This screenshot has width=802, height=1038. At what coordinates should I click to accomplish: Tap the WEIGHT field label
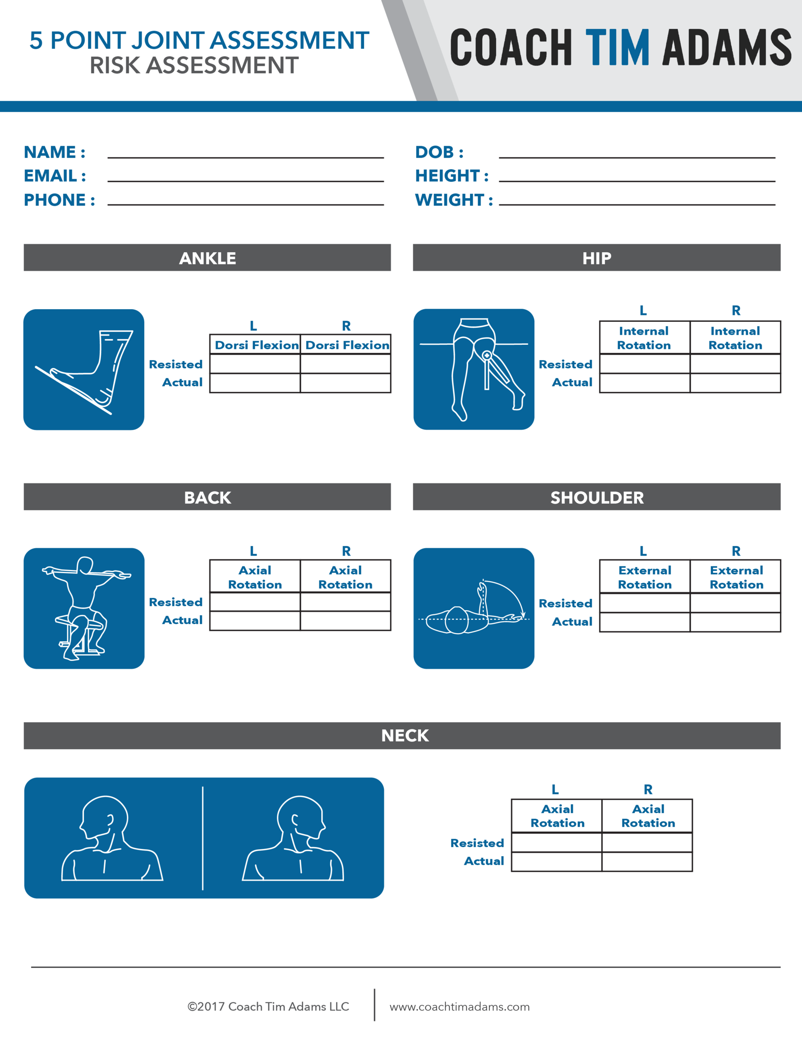pyautogui.click(x=453, y=200)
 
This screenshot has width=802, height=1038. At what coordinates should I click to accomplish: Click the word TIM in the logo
pyautogui.click(x=617, y=47)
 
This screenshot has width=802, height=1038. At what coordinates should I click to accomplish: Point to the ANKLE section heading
pyautogui.click(x=207, y=258)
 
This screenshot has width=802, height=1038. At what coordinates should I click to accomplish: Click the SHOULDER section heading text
pyautogui.click(x=597, y=498)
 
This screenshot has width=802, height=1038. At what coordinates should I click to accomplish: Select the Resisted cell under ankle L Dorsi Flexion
pyautogui.click(x=255, y=364)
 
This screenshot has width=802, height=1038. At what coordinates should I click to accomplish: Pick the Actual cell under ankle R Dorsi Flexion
pyautogui.click(x=346, y=383)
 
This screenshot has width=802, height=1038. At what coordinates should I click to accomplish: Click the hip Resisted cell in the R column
pyautogui.click(x=735, y=364)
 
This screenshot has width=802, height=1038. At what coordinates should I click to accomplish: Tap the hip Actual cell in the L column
pyautogui.click(x=644, y=383)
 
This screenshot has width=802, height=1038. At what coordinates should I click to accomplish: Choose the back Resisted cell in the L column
pyautogui.click(x=255, y=602)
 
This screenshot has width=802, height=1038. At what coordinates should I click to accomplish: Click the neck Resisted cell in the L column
pyautogui.click(x=556, y=843)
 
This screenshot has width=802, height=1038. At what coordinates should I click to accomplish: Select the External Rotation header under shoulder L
pyautogui.click(x=644, y=577)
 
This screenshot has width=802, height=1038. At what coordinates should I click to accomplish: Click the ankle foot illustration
pyautogui.click(x=83, y=370)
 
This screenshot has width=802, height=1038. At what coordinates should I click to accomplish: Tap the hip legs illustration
pyautogui.click(x=474, y=369)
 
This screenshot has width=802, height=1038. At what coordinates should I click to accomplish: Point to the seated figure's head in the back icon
pyautogui.click(x=85, y=565)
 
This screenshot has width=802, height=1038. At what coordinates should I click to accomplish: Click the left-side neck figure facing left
pyautogui.click(x=112, y=839)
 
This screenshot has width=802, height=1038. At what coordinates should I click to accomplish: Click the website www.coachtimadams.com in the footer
pyautogui.click(x=460, y=1006)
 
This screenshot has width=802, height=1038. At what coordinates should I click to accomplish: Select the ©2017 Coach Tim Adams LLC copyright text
pyautogui.click(x=268, y=1006)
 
